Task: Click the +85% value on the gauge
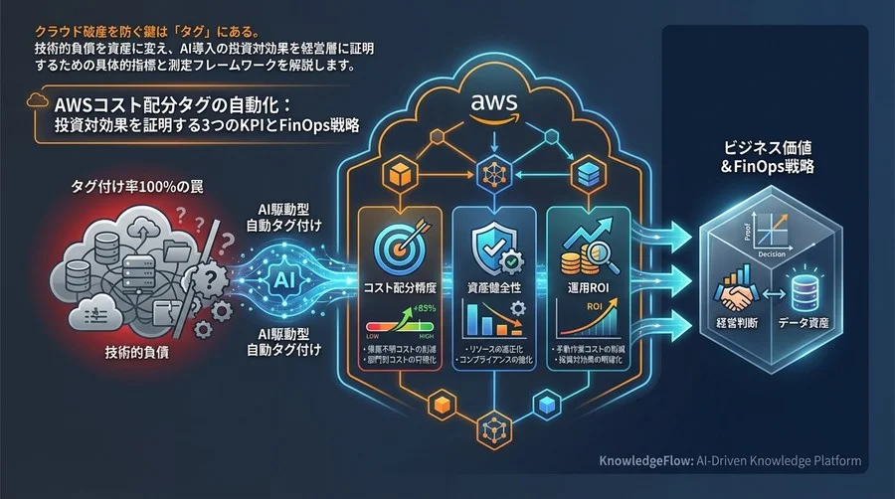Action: [426, 309]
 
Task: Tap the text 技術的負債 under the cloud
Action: [136, 353]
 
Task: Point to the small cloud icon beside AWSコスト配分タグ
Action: [38, 103]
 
